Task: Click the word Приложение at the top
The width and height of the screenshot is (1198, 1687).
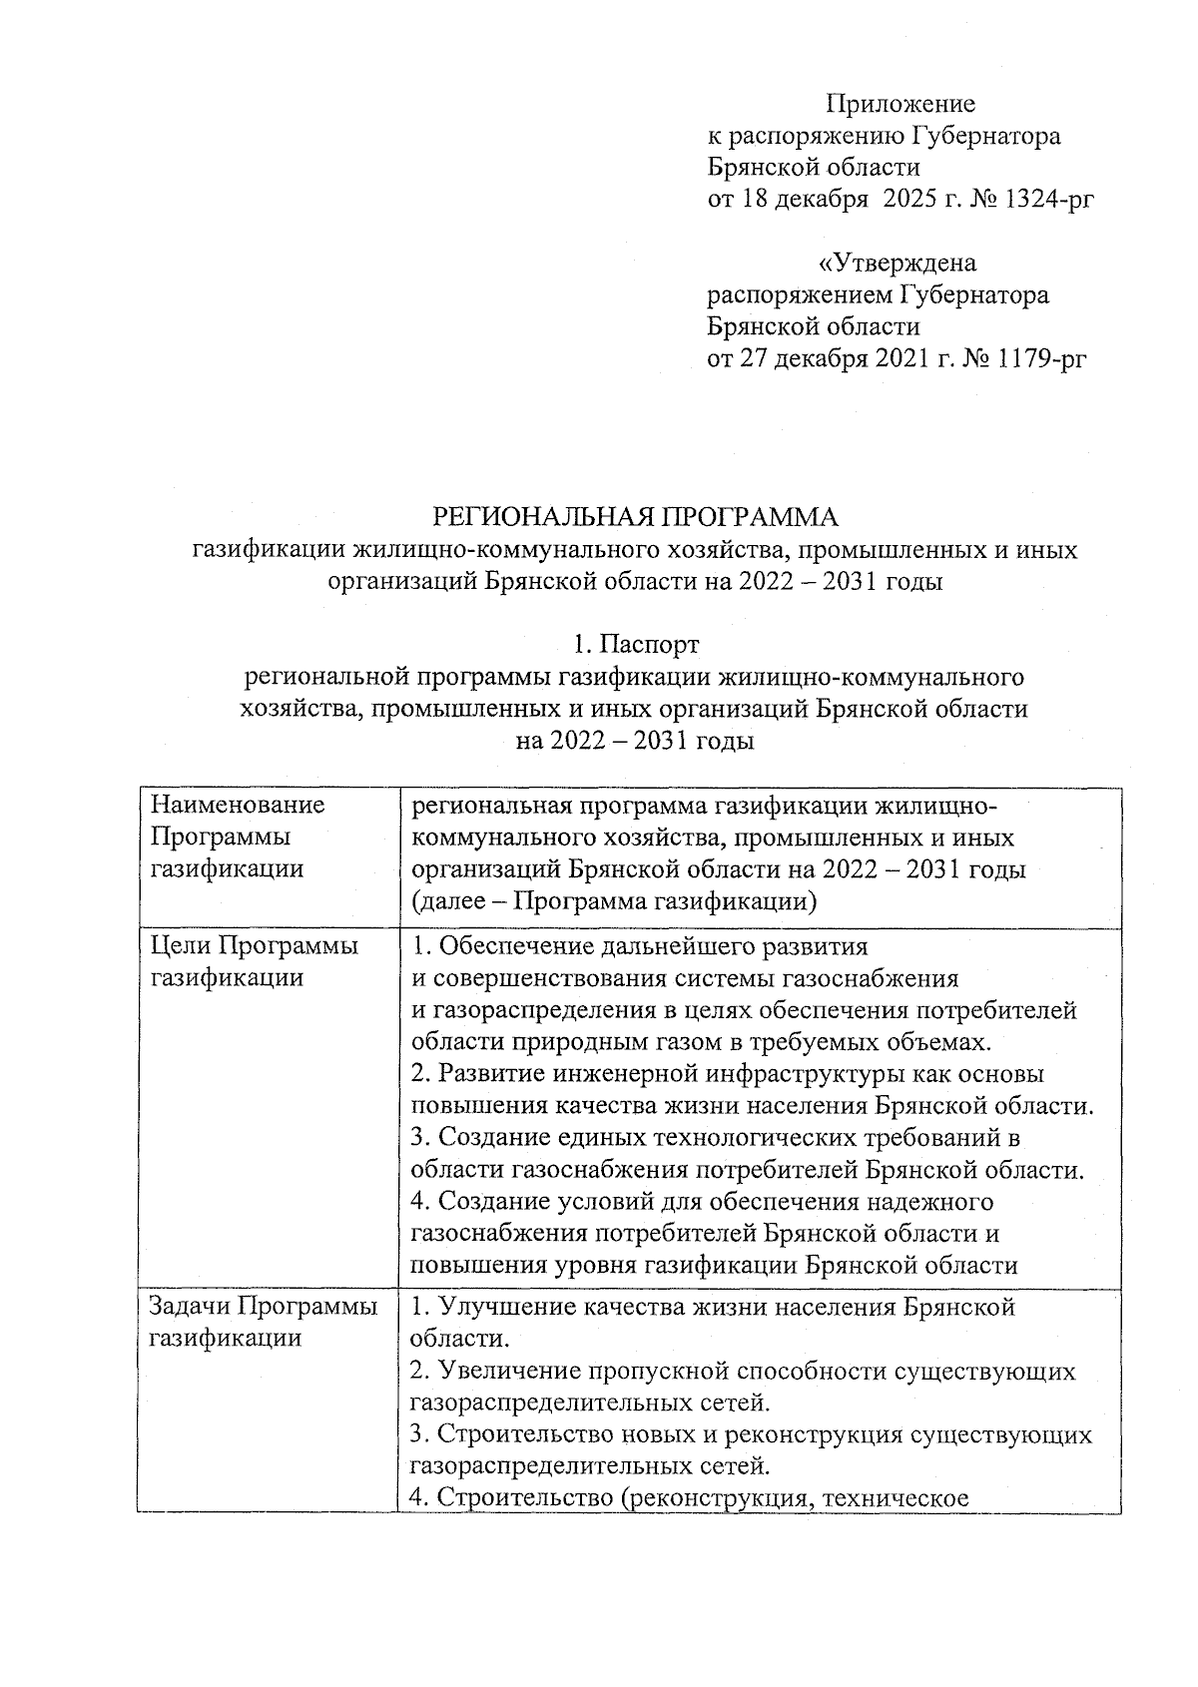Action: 900,104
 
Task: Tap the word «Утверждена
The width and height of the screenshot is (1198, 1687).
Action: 897,264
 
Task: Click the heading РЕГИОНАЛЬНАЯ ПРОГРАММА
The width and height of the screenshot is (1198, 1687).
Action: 635,517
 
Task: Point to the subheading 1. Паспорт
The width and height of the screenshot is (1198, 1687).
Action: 635,644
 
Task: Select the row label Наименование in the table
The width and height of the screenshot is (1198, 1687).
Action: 238,805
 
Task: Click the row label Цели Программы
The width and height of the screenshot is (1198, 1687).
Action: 254,945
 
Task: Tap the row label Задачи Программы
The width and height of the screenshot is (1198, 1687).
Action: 264,1306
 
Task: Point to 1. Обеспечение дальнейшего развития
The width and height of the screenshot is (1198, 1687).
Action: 640,945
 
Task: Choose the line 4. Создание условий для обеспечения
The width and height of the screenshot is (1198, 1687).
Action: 702,1201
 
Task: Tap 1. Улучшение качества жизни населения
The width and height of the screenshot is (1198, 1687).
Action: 713,1306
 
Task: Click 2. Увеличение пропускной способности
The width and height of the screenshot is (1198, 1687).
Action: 743,1371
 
